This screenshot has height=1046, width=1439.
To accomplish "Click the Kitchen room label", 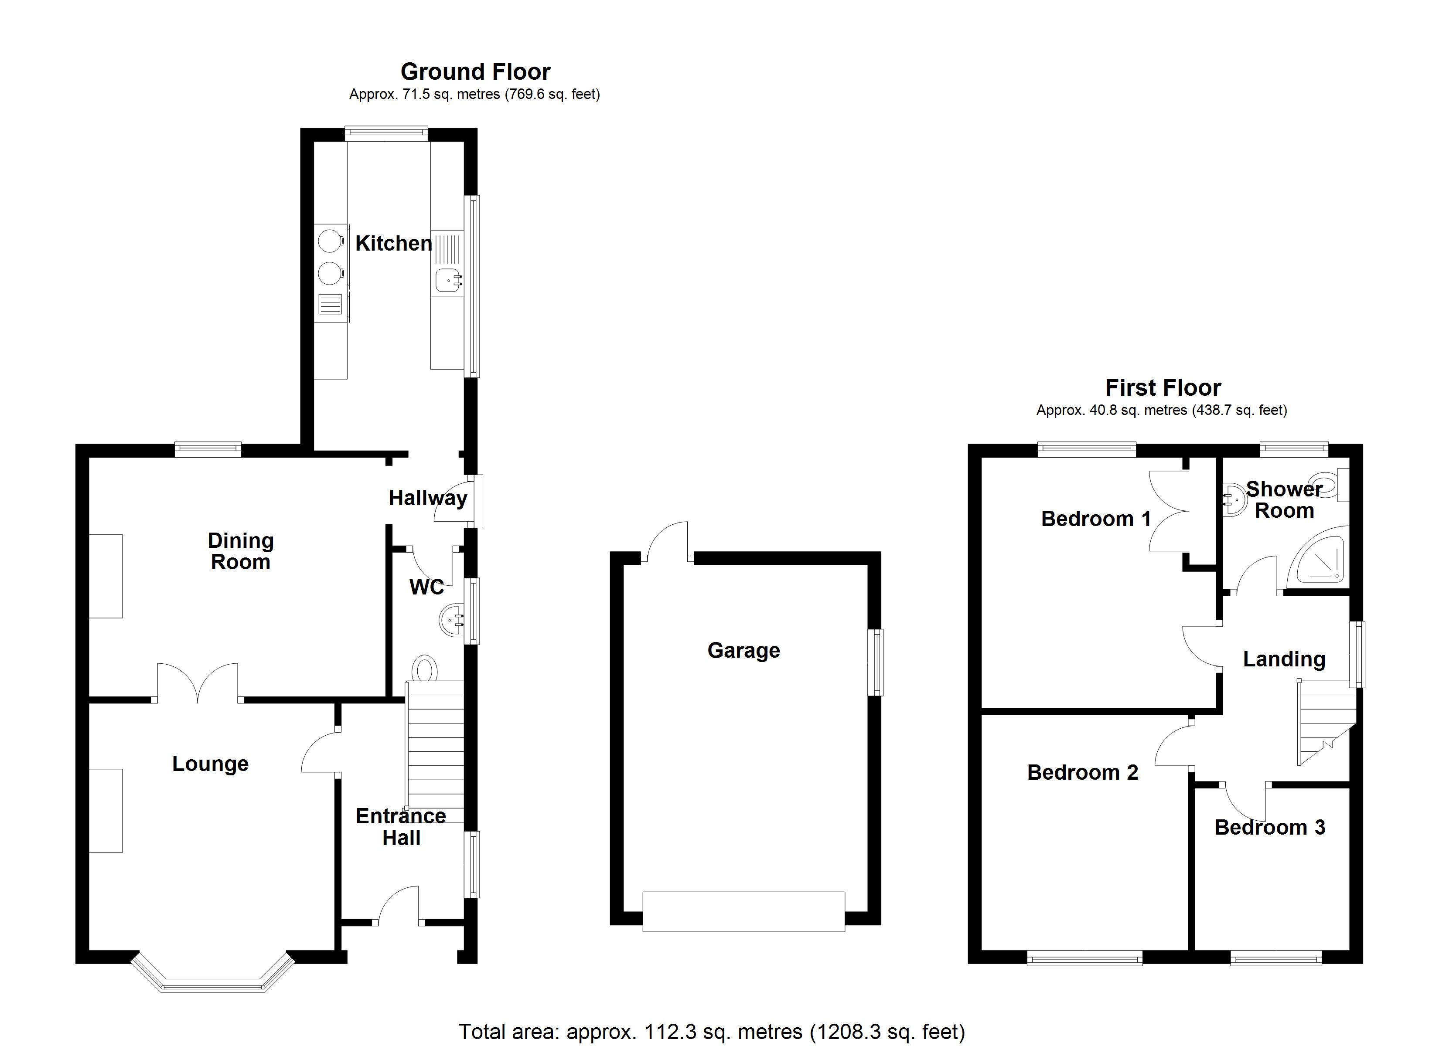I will pos(393,243).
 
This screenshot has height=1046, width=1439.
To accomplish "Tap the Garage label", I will pos(743,650).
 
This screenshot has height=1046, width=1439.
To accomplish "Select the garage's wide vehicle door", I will pos(743,911).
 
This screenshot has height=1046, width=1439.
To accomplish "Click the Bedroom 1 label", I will pos(1096,519).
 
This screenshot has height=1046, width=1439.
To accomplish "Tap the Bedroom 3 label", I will pos(1270,827).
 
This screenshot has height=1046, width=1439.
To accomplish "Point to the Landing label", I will pos(1284,659).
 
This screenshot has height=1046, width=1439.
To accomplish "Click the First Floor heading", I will pos(1163,387).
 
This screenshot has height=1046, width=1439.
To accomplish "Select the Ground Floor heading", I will pos(475,71).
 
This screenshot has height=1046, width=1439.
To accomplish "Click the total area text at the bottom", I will pos(711,1032).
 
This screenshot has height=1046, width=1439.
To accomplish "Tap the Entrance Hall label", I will pos(401,826).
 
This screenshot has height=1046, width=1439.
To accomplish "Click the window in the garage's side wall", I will pos(876,662).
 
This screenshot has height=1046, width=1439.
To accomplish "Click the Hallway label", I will pos(428,498).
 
